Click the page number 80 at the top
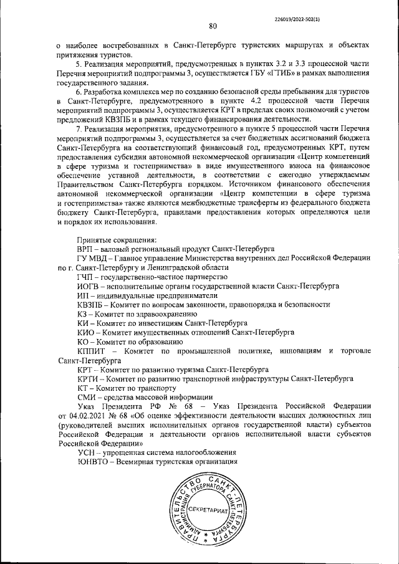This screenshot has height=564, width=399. [x=213, y=26]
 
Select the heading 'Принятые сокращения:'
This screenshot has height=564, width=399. [x=117, y=239]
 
